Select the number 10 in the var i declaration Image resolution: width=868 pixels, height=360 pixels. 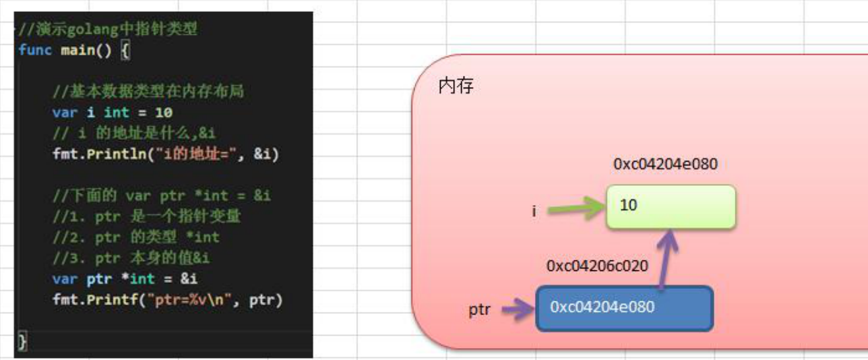point(164,113)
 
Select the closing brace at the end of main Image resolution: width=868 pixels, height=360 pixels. point(22,342)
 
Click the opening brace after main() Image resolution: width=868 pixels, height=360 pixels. point(125,51)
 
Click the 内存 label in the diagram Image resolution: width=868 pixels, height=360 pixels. point(456,86)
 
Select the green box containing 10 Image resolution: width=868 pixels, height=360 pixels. point(670,206)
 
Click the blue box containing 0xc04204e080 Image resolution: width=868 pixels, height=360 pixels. point(624,308)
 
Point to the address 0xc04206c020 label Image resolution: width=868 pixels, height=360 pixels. point(598,266)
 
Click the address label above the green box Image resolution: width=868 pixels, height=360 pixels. point(665,164)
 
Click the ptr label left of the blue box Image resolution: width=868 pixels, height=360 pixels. point(480,309)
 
